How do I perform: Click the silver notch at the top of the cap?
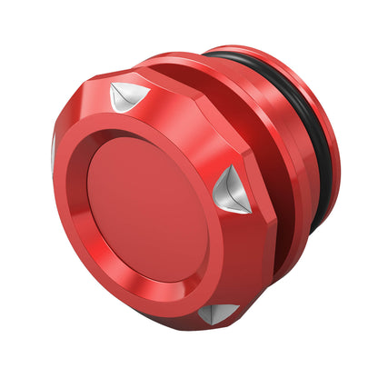tap(127, 95)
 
